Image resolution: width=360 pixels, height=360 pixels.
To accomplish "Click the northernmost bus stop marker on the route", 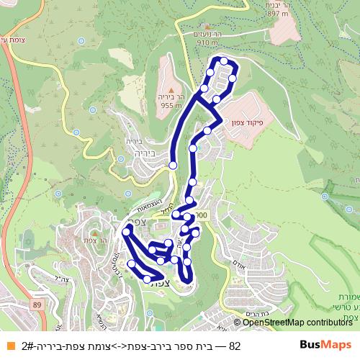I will [x=224, y=61].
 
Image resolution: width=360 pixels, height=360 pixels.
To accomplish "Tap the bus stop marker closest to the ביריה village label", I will [x=173, y=166].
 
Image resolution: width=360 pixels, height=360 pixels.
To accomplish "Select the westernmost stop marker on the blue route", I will [x=127, y=231].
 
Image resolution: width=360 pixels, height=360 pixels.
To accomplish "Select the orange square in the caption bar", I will [x=10, y=346].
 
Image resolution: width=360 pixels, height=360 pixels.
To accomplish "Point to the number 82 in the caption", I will [x=234, y=346].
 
